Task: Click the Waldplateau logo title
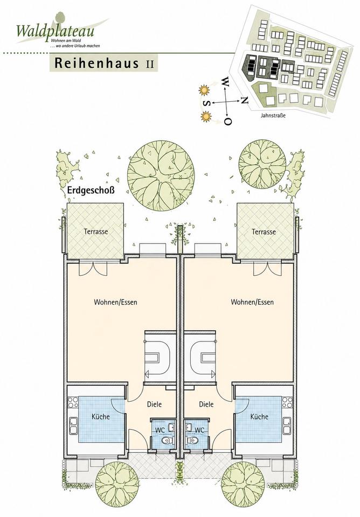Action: pos(56,31)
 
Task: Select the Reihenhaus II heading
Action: pos(104,63)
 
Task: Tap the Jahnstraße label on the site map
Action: pos(273,116)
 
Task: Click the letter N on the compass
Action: pos(244,100)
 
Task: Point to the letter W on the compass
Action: pos(225,81)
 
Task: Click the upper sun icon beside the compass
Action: pos(204,90)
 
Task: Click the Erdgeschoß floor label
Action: pos(91,190)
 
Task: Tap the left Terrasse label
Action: pos(96,232)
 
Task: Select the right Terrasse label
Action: pos(264,232)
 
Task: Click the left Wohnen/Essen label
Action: pos(115,302)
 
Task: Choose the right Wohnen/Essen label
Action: pos(252,302)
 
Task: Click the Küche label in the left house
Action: pos(101,416)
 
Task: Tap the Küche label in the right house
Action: pos(259,416)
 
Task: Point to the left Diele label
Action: pos(155,404)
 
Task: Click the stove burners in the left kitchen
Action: pos(73,403)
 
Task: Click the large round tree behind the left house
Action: pos(161,176)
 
